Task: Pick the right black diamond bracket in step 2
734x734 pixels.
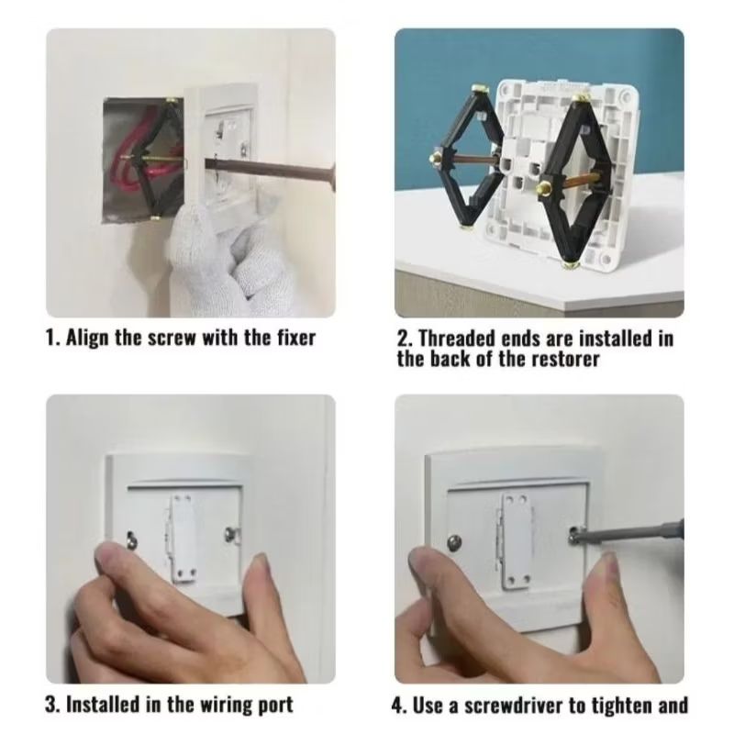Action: point(579,179)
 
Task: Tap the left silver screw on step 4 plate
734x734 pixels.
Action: point(456,540)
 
